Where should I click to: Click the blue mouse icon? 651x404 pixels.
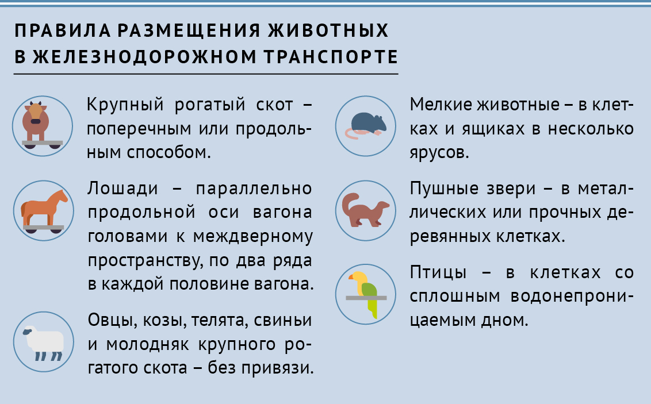(x=365, y=125)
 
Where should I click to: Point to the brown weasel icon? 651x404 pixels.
(x=365, y=210)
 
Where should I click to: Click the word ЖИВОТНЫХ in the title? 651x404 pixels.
(x=328, y=30)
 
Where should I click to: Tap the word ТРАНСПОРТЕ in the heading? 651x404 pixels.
(x=331, y=57)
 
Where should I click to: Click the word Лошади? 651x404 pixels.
(x=123, y=188)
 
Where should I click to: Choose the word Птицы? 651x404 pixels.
(x=438, y=273)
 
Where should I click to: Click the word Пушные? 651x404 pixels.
(x=444, y=188)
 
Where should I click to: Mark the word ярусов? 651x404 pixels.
(x=439, y=153)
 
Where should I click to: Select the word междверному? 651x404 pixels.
(x=253, y=237)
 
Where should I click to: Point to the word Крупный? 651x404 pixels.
(x=125, y=104)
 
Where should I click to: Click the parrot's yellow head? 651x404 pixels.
(x=359, y=278)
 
